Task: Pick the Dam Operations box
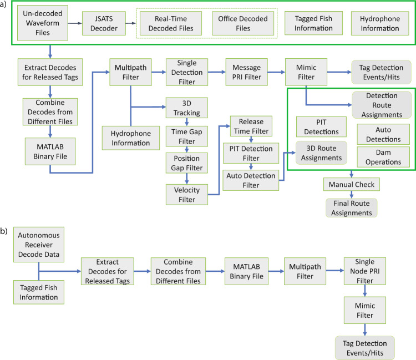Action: (x=382, y=157)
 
